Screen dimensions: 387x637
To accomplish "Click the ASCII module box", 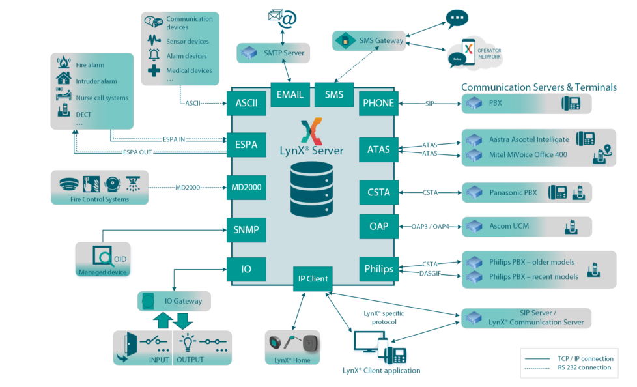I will click(x=247, y=103).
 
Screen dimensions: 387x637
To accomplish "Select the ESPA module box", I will click(x=247, y=145).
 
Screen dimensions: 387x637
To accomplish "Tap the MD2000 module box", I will click(x=247, y=187).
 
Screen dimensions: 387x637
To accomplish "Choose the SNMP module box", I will click(x=247, y=229).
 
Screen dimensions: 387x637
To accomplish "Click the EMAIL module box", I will click(x=290, y=94).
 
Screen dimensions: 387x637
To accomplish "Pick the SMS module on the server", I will click(x=333, y=94).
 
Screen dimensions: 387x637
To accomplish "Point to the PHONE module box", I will click(x=378, y=103).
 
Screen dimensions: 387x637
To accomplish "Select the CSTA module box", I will click(x=378, y=192).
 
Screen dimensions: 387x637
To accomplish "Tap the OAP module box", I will click(x=378, y=226).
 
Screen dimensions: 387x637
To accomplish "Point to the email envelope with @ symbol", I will click(x=282, y=18).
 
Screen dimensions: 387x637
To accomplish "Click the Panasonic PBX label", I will click(x=514, y=192).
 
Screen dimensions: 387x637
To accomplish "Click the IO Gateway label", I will click(x=182, y=301).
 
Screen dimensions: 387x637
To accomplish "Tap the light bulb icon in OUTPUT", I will click(x=188, y=341).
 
